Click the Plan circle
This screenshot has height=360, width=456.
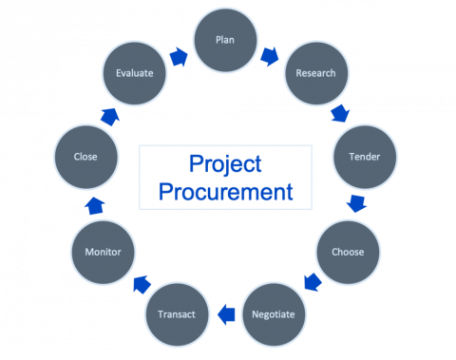coord(226,41)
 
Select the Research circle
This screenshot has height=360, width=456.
coord(315,73)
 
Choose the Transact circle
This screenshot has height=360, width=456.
coord(176,313)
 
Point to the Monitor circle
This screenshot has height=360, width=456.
coord(103,252)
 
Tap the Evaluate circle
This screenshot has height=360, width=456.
coord(133,73)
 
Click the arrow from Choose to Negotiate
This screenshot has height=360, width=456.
coord(312,281)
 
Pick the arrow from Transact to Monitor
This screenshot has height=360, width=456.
coord(140,283)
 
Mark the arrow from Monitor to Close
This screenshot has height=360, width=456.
coord(95,204)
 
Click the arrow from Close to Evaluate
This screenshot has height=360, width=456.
coord(108,116)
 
